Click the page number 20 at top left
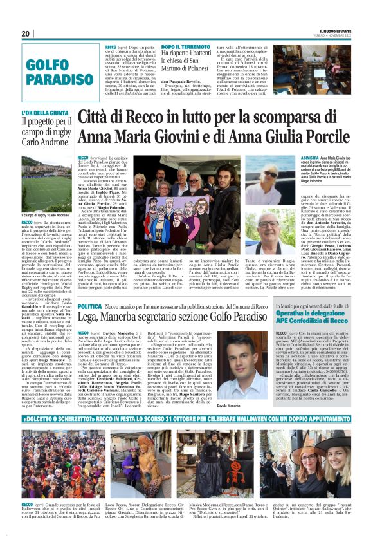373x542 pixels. (25, 34)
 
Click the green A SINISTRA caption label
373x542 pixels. (311, 158)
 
